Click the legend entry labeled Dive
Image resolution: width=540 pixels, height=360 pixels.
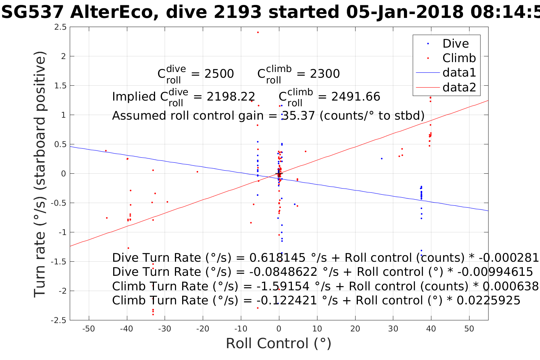coord(455,43)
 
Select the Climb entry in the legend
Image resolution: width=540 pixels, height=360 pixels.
coord(459,58)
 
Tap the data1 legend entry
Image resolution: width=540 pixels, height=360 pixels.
coord(459,72)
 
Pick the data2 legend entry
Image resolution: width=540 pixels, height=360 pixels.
coord(459,87)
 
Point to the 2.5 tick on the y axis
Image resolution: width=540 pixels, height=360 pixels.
coord(60,27)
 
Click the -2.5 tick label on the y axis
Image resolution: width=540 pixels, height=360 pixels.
coord(58,320)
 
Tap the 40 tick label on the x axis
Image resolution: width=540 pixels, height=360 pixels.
coord(431,329)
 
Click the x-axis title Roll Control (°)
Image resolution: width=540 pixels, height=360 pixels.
coord(279,344)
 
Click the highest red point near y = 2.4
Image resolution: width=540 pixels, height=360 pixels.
coord(258,32)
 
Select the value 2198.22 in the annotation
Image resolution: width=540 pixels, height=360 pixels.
coord(231,97)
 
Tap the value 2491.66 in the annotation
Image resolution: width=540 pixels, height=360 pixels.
coord(356,97)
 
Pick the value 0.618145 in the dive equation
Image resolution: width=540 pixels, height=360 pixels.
coord(277,258)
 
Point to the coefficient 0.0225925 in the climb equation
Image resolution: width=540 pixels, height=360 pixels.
coord(488,301)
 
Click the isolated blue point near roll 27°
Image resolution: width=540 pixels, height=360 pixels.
coord(381,158)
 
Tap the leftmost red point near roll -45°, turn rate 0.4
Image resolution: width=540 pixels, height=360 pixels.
coord(106,150)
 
